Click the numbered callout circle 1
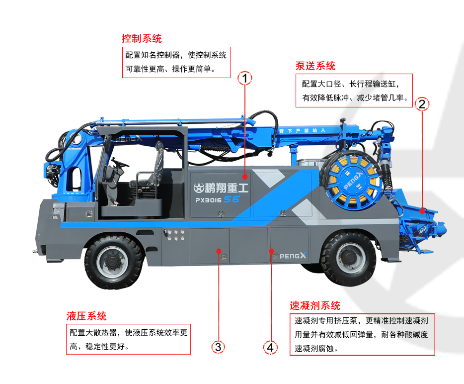[245, 78]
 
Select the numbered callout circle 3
[218, 347]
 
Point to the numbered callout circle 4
[270, 347]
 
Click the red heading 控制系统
[142, 38]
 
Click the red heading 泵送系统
[315, 66]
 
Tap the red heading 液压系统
[86, 316]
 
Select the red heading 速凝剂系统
[315, 305]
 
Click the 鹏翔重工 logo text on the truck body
[221, 188]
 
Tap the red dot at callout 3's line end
[218, 252]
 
